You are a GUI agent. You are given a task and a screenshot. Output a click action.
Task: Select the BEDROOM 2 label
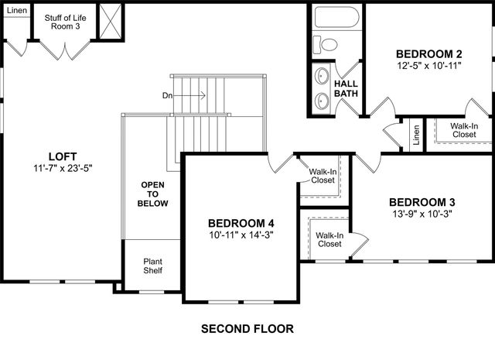tap(428, 54)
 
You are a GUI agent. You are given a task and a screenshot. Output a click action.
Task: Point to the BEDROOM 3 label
tap(422, 202)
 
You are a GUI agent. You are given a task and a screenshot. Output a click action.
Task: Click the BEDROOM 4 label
tap(241, 223)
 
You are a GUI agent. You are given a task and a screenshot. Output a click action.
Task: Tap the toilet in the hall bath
tap(326, 43)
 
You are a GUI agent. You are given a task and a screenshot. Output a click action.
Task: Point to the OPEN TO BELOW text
tap(152, 194)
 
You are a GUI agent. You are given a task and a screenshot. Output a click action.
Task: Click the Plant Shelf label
tap(152, 266)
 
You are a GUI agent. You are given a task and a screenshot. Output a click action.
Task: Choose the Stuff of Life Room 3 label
tap(65, 21)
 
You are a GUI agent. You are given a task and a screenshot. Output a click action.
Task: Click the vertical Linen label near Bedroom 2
tap(416, 135)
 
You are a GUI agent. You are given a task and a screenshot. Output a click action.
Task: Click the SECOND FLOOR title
tap(247, 328)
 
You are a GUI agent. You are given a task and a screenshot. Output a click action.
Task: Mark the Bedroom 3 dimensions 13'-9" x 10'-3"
tap(422, 214)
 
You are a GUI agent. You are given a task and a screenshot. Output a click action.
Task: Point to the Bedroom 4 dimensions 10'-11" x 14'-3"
tap(241, 235)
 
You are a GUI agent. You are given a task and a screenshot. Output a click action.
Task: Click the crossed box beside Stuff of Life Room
tap(111, 19)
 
